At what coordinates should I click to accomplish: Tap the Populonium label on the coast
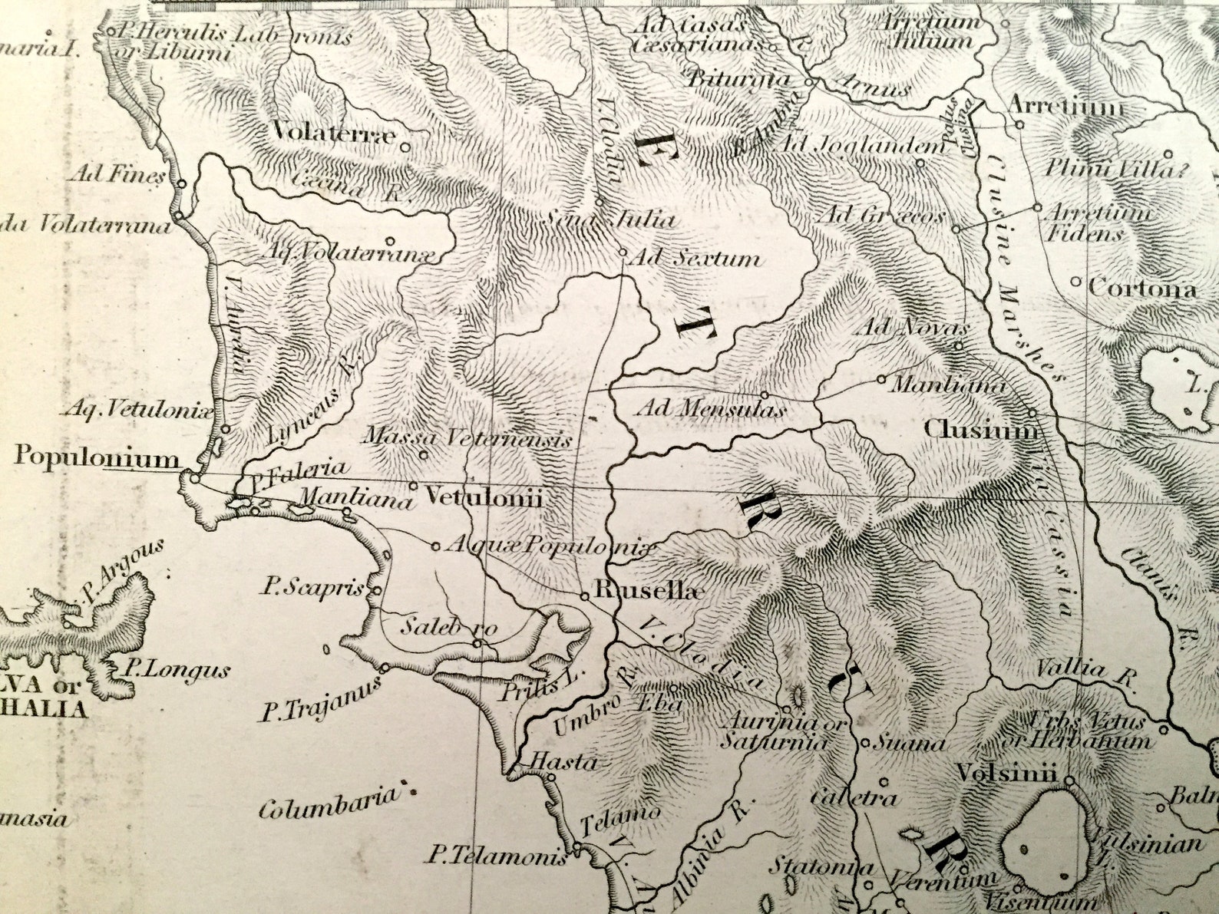pos(97,458)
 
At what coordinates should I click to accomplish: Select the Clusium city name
pos(981,431)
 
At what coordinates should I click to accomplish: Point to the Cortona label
pos(1142,289)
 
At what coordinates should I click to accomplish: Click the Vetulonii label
pos(484,498)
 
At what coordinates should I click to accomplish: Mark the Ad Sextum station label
pos(695,259)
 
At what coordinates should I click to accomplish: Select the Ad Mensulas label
pos(711,409)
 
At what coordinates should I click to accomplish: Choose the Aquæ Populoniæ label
pos(550,547)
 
